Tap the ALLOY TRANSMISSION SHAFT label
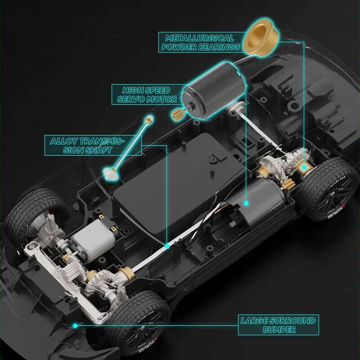click(87, 145)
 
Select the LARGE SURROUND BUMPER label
click(278, 325)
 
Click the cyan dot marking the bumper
click(75, 325)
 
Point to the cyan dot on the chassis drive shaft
click(167, 246)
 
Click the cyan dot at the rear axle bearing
click(305, 167)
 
